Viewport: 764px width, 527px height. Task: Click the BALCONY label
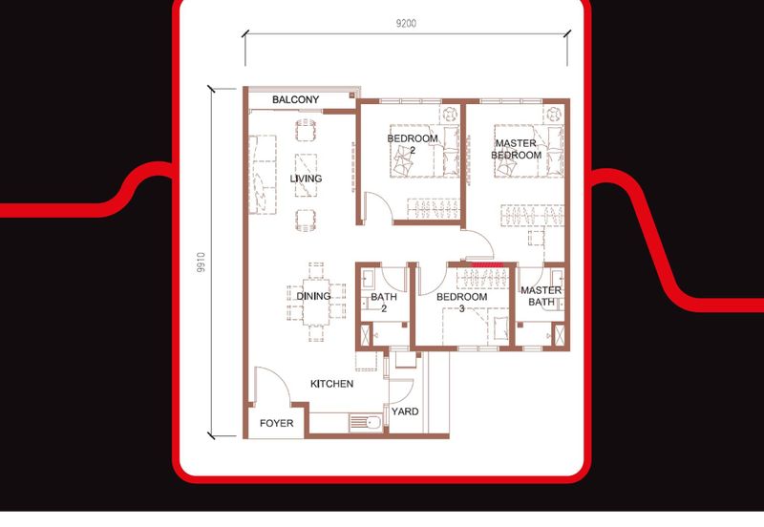coord(295,99)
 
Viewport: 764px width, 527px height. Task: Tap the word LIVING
coord(306,179)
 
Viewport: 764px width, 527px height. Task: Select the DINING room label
coord(313,297)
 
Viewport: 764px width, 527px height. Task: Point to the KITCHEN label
coord(331,384)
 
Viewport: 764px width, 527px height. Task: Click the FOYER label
coord(277,423)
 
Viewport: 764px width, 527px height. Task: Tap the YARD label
coord(405,412)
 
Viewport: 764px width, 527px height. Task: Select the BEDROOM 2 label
coord(413,144)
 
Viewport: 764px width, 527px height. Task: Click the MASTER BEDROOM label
coord(517,149)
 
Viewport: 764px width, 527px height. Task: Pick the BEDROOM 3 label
coord(462,303)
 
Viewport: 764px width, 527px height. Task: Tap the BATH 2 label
coord(377,303)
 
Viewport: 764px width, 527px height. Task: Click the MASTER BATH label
coord(541,297)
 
